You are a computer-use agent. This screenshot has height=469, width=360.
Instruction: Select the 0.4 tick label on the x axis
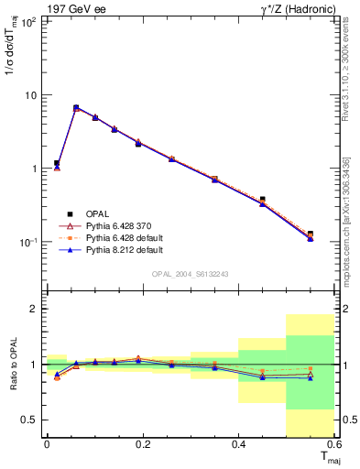click(239, 444)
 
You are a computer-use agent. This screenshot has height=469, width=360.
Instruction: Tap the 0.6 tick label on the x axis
click(334, 444)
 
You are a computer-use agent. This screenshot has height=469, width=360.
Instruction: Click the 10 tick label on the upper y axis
click(30, 95)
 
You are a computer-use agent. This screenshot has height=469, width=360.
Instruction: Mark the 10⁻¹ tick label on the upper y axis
click(27, 242)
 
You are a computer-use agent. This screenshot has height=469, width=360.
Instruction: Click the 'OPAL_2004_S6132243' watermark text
click(191, 273)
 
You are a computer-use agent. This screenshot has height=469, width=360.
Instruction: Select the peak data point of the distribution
click(76, 107)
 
